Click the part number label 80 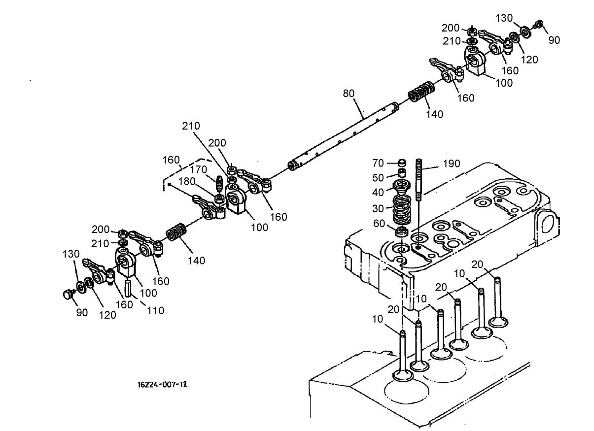coord(349,93)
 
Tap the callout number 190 coord(451,164)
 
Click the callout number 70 coord(378,163)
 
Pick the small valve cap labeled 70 coord(402,163)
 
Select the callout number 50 coord(378,177)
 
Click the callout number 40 coord(378,193)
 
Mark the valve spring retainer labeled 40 coord(403,188)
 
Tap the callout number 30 coord(378,208)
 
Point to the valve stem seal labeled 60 coord(402,231)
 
